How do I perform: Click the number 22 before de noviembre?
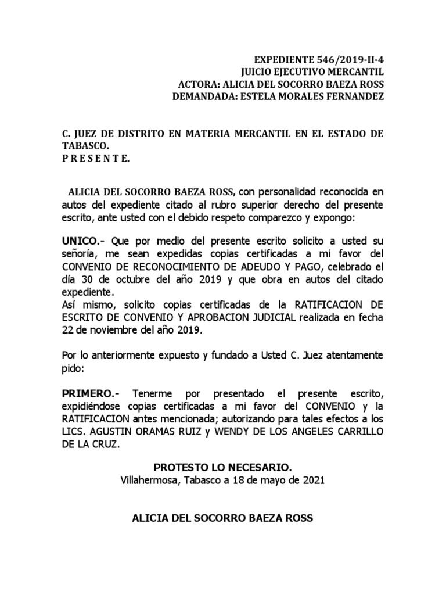(x=69, y=329)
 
